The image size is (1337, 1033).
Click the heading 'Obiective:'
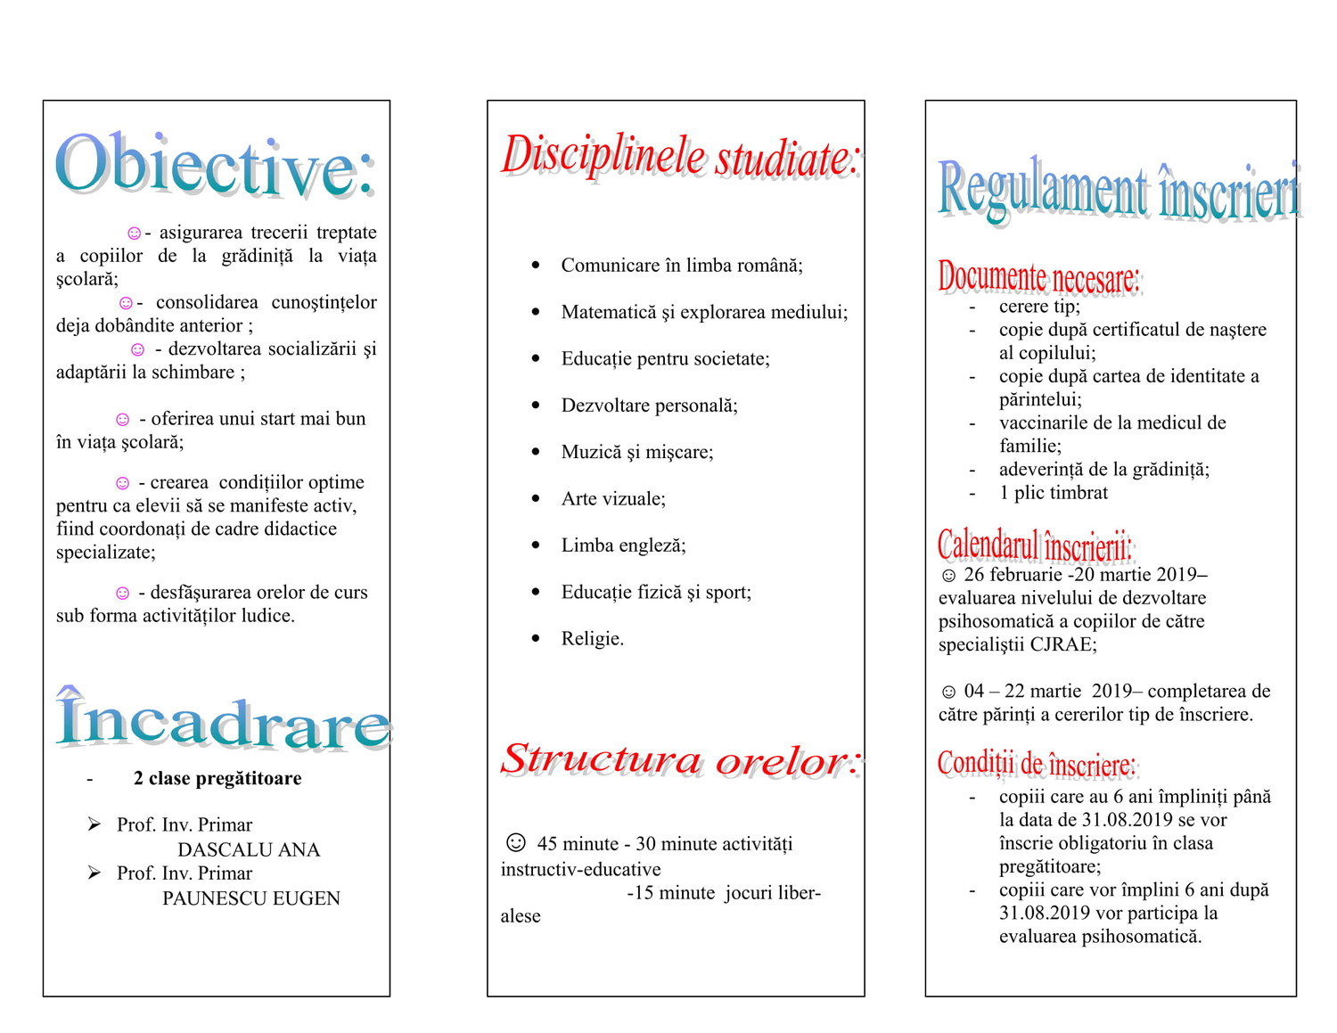(x=214, y=165)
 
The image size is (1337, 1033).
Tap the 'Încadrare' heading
(x=223, y=720)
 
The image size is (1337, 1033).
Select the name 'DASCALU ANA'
(x=249, y=849)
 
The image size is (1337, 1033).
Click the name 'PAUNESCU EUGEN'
(x=251, y=898)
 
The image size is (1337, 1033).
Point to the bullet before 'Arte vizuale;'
(x=536, y=498)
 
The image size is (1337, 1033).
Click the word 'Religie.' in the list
(x=593, y=638)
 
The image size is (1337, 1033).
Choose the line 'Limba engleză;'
(x=623, y=545)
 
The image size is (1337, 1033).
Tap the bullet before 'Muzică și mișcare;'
(x=536, y=452)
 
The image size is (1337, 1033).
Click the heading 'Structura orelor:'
(x=679, y=759)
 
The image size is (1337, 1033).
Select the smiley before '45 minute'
(x=515, y=842)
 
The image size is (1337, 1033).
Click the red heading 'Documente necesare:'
(x=1038, y=277)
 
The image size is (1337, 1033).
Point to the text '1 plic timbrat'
(x=1053, y=493)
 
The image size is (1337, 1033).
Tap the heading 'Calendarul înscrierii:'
(x=1034, y=545)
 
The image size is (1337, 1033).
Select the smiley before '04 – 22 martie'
(x=948, y=692)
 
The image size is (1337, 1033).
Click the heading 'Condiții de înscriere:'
(x=1037, y=763)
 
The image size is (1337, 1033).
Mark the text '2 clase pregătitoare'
(x=217, y=778)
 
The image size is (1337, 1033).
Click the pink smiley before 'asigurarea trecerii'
(x=134, y=234)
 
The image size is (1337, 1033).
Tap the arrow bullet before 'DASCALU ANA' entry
(x=94, y=824)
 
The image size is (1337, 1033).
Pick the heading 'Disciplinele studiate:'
(x=679, y=156)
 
